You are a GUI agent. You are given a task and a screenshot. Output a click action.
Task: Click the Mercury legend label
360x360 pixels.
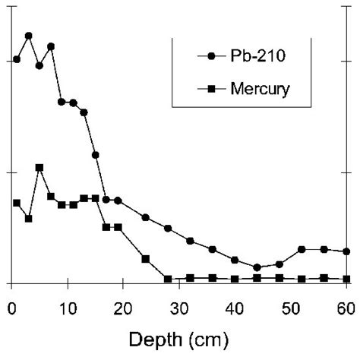261,90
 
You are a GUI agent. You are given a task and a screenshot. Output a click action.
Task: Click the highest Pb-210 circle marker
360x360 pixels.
28,36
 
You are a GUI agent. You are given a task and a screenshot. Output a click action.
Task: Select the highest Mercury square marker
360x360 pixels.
39,167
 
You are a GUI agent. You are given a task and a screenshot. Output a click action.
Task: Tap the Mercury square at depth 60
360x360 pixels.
346,279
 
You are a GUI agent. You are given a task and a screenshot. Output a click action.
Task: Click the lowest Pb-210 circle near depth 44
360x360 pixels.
257,267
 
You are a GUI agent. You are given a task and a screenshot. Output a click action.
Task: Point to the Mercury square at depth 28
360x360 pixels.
168,279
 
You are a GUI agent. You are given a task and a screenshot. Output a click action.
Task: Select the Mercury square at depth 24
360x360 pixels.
145,258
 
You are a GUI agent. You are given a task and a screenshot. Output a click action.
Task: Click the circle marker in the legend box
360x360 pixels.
210,57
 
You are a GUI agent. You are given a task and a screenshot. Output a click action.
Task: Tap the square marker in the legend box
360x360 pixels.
210,90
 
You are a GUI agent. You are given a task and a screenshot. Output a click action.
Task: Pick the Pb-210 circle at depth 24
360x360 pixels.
145,218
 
